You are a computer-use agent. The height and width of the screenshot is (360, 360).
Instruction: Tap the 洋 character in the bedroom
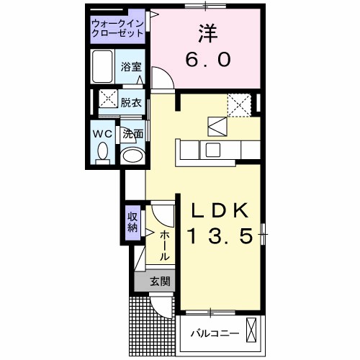204,32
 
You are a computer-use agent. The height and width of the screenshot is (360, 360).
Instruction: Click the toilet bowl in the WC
103,152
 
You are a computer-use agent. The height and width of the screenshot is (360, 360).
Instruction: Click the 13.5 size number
220,236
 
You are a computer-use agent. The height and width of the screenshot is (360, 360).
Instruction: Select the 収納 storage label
132,222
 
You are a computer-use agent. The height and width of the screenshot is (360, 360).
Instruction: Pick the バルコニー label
215,333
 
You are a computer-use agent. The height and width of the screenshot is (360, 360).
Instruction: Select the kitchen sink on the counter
214,150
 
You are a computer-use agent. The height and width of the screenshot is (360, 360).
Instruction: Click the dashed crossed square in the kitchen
238,105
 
